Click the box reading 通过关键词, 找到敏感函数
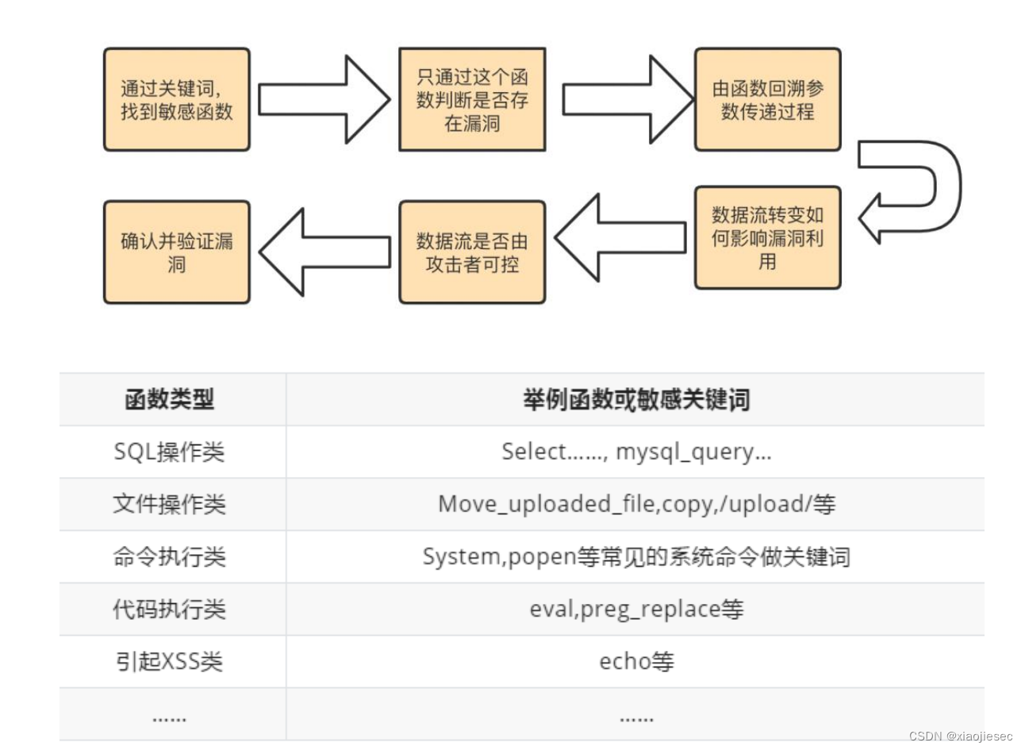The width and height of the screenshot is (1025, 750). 177,100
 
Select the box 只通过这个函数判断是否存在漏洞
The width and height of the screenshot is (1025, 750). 472,100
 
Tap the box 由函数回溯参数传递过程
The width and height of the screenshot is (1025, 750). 767,100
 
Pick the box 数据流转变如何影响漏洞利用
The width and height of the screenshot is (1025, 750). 767,238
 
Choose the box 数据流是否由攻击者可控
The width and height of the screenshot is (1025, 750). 472,252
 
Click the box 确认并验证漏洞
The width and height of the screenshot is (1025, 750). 177,252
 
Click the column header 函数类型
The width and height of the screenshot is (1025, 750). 170,399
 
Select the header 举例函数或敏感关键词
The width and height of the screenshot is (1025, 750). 635,399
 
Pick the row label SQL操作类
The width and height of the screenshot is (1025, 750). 170,452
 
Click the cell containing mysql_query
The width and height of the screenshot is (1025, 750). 635,452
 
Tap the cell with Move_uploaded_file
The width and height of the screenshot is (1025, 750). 635,504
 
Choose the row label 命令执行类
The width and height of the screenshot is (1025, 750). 170,556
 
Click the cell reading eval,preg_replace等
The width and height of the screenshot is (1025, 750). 635,609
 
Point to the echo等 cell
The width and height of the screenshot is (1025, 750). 635,661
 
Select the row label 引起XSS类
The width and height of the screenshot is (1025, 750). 170,661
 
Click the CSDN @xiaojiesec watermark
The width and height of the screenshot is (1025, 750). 960,736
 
